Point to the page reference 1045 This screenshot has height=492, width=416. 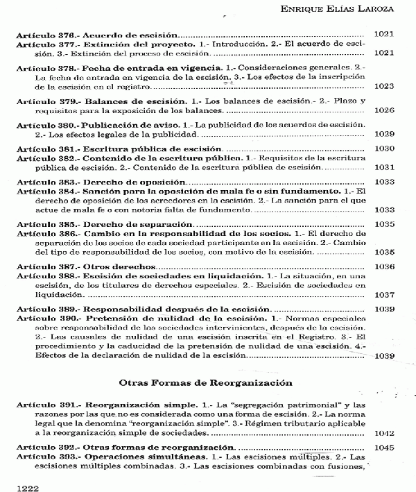point(384,448)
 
